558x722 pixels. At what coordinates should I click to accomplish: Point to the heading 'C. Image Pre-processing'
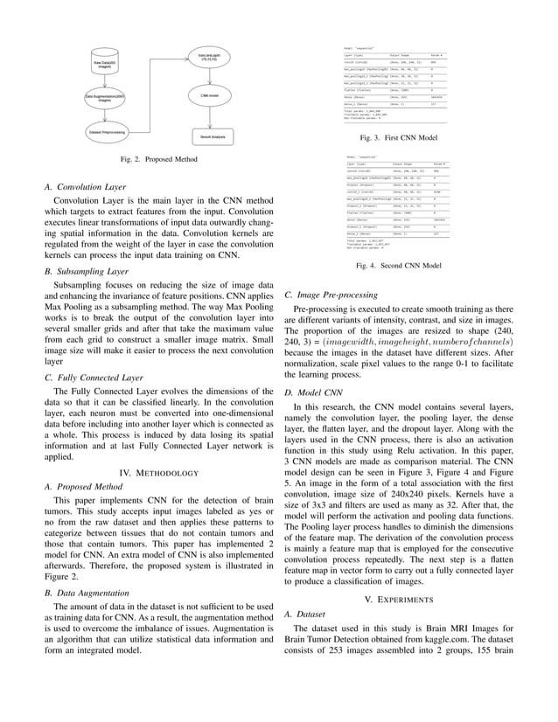pyautogui.click(x=331, y=295)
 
